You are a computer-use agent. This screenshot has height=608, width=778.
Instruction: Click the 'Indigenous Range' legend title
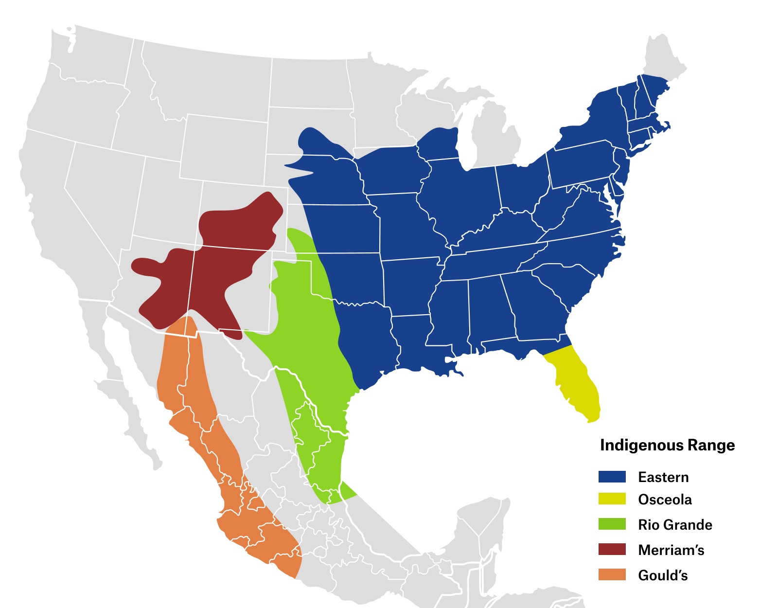pyautogui.click(x=667, y=445)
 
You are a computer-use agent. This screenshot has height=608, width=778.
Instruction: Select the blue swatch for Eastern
pyautogui.click(x=612, y=477)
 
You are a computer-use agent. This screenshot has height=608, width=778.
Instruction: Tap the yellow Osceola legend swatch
pyautogui.click(x=612, y=499)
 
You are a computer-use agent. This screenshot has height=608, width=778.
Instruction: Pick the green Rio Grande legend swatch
pyautogui.click(x=612, y=524)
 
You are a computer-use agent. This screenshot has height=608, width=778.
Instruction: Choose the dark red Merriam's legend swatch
pyautogui.click(x=612, y=550)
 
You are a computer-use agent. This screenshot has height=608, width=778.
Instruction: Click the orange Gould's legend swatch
pyautogui.click(x=612, y=575)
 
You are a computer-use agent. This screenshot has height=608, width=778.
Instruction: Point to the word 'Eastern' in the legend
pyautogui.click(x=663, y=477)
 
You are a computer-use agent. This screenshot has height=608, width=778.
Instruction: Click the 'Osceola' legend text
pyautogui.click(x=665, y=500)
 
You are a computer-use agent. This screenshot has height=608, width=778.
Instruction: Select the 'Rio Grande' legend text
pyautogui.click(x=675, y=525)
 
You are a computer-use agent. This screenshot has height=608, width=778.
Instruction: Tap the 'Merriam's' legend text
pyautogui.click(x=671, y=550)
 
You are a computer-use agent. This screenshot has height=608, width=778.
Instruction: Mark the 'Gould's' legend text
pyautogui.click(x=663, y=575)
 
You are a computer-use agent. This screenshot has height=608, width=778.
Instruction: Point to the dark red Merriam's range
pyautogui.click(x=214, y=272)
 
